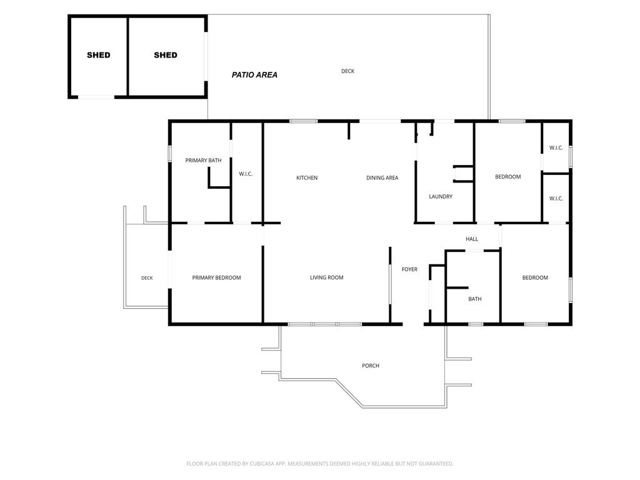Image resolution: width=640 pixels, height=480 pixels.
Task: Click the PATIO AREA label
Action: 255,75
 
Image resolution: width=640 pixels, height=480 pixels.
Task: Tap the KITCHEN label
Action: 307,178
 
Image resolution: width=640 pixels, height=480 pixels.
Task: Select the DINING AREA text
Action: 382,178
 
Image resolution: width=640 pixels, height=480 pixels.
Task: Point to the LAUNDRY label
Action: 441,197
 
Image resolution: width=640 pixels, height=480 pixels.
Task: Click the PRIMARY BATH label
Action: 203,161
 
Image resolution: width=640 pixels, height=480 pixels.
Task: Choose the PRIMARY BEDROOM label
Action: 216,277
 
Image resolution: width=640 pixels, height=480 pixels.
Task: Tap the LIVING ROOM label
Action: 326,277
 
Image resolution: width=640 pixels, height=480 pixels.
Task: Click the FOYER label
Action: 409,269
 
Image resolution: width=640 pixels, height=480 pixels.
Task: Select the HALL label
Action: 472,239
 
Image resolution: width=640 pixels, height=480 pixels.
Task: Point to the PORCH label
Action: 371,366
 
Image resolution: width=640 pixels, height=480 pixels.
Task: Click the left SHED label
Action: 98,55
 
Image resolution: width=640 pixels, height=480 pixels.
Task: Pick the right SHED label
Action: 165,55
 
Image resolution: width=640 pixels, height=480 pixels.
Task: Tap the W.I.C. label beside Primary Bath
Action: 246,174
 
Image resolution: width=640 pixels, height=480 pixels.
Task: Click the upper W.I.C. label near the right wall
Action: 556,147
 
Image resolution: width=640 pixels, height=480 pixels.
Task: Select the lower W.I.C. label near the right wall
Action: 556,198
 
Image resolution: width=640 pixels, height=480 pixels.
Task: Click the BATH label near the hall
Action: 475,299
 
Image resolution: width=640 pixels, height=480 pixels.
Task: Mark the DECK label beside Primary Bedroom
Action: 147,278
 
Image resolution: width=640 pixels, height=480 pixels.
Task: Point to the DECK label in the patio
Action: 347,71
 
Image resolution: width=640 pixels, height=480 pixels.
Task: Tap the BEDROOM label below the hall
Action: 535,277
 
